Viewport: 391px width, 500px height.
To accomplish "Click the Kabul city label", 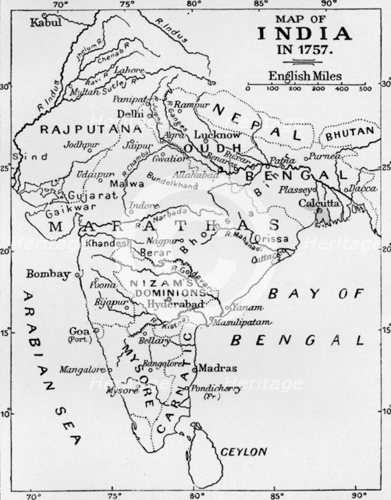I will (44, 23).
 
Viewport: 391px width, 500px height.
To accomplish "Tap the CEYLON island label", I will (243, 452).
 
